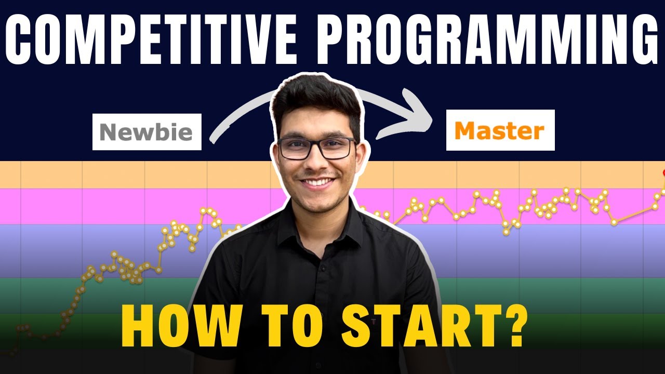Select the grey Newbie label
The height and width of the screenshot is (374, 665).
point(147,132)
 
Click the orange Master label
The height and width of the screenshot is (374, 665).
point(500,130)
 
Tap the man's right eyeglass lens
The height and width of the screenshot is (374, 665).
point(337,149)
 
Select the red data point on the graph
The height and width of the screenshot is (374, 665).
point(663,173)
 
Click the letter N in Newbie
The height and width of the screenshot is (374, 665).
point(108,132)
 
